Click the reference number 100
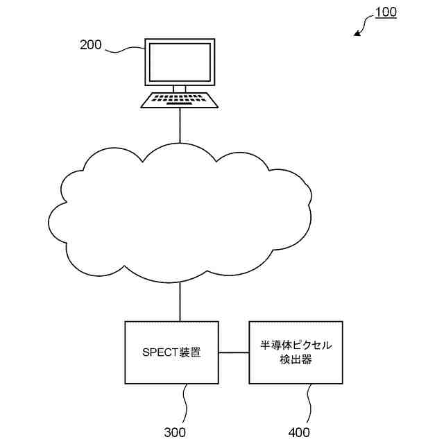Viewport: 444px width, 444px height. click(385, 12)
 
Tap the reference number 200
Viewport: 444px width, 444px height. click(91, 45)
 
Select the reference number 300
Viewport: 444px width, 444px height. click(175, 432)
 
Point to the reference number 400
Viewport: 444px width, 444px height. click(299, 432)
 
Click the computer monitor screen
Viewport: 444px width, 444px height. click(179, 62)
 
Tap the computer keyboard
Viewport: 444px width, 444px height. click(180, 100)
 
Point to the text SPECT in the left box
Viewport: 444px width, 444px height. click(160, 352)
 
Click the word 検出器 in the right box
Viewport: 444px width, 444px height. click(296, 360)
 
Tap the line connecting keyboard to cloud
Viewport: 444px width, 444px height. click(180, 125)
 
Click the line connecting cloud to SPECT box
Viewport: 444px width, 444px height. click(180, 302)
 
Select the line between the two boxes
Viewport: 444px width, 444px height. click(234, 352)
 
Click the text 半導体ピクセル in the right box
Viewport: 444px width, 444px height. click(296, 345)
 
